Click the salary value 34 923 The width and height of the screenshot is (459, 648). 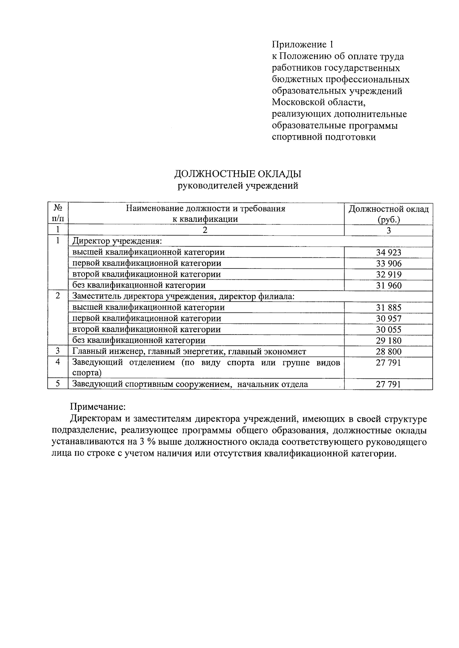point(388,252)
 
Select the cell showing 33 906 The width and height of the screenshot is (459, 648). point(388,263)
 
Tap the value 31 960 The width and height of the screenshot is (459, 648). point(388,286)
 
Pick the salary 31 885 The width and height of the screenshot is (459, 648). point(388,308)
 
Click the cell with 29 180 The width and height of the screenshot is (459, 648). point(388,341)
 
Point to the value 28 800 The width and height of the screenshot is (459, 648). point(388,352)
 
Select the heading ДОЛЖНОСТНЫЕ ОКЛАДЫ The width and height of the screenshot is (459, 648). point(238,174)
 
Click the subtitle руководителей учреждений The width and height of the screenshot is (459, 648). point(238,186)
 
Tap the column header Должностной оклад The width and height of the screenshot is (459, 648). point(388,209)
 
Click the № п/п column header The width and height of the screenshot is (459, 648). point(58,213)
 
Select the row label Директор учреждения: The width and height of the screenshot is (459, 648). point(117,241)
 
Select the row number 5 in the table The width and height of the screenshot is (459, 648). point(58,384)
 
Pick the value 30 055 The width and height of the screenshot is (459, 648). point(388,330)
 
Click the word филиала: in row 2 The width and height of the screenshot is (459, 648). point(278,296)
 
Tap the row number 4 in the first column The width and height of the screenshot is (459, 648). point(58,362)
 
